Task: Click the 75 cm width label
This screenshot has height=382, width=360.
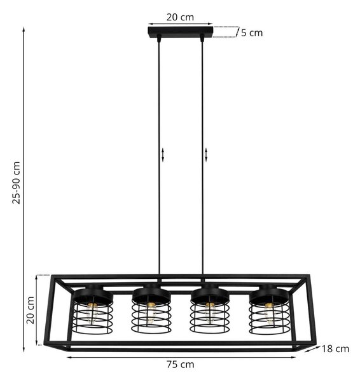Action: coord(181,364)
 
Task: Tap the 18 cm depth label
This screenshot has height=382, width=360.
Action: coord(335,349)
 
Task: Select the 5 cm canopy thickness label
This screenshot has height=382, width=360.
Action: coord(252,33)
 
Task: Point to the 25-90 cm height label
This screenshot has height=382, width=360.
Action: coord(17,183)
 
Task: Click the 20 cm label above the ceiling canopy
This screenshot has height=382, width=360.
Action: coord(180,17)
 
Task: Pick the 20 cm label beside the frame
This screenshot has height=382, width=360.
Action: coord(31,310)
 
